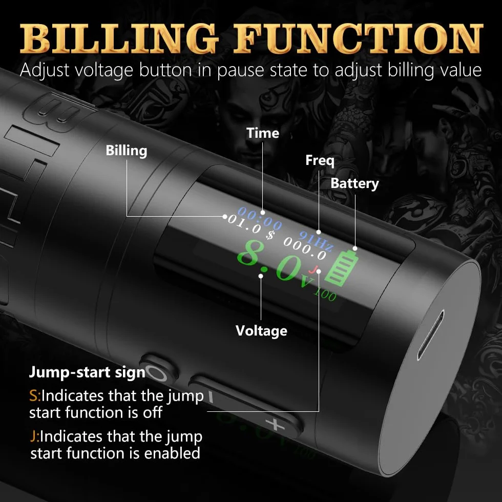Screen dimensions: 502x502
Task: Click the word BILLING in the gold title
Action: [119, 38]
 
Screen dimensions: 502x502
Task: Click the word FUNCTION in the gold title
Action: [359, 38]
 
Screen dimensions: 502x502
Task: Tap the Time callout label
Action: [262, 133]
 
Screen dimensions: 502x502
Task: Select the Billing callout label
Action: [127, 151]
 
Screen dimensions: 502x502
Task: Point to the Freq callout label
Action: [320, 160]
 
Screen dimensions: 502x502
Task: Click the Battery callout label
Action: [354, 183]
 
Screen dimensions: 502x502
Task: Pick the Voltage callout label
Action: [261, 331]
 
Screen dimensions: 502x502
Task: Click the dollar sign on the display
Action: [270, 235]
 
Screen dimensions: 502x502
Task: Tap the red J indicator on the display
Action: [314, 269]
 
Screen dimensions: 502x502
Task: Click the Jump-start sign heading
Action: [88, 372]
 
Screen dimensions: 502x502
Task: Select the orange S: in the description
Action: [35, 395]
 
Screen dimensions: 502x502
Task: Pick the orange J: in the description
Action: [35, 436]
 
